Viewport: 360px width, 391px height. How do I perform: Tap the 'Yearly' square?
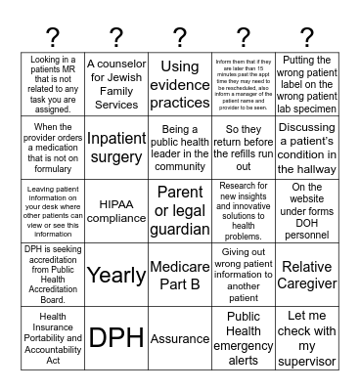click(116, 275)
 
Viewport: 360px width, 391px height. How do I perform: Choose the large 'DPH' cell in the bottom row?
click(116, 337)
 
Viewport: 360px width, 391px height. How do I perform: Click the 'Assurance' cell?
click(180, 337)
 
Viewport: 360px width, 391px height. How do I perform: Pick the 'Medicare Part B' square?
click(180, 275)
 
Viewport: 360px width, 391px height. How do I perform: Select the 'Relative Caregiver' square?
click(306, 275)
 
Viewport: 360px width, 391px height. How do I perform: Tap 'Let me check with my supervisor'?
click(306, 337)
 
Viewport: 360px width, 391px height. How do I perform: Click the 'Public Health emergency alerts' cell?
click(244, 337)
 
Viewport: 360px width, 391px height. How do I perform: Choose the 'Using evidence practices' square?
click(180, 84)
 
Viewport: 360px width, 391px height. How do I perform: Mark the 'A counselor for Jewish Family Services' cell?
click(116, 84)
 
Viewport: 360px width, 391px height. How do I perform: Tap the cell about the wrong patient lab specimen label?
click(306, 84)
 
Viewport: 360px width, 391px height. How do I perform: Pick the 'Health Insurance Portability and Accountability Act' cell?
click(54, 337)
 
